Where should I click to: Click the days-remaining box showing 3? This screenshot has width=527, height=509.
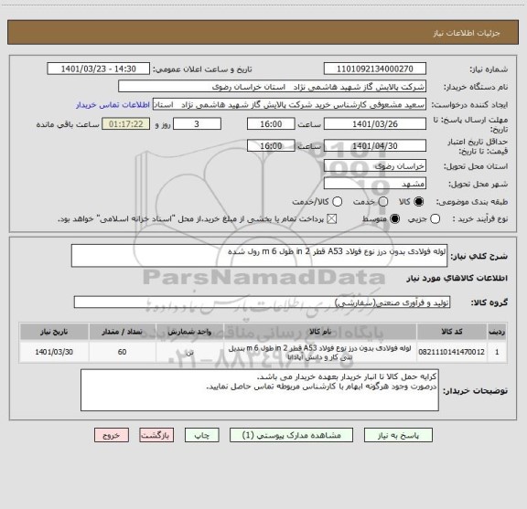pos(190,123)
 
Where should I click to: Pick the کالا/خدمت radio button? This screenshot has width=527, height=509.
pos(338,200)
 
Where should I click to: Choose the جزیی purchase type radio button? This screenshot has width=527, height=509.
pos(436,219)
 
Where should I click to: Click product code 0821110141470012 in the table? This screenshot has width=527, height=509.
pos(449,351)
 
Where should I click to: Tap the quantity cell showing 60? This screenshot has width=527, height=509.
pos(122,351)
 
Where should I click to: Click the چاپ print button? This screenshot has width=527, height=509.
pos(203,436)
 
